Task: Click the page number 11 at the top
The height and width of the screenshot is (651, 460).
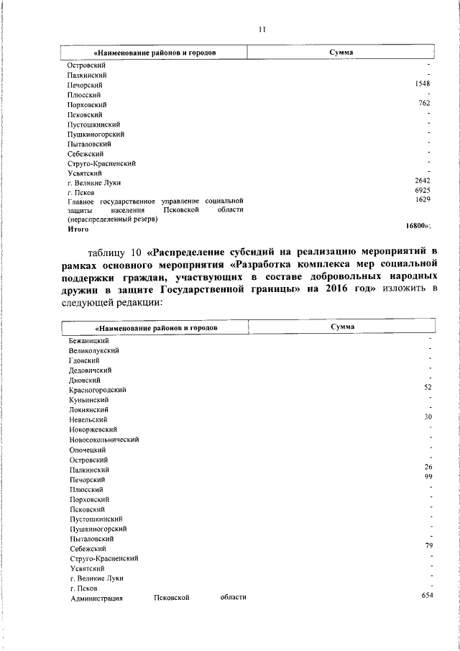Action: (262, 29)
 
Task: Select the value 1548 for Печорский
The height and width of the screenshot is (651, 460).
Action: (423, 84)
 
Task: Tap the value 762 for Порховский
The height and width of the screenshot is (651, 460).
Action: (424, 104)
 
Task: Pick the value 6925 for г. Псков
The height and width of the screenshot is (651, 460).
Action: (423, 191)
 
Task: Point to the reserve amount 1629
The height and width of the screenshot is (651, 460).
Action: (423, 199)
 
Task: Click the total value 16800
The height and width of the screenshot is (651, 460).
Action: (418, 227)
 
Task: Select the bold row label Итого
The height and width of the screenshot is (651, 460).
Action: (78, 229)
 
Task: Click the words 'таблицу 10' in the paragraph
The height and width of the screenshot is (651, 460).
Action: (115, 252)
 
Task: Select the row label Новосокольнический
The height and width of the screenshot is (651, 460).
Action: (105, 439)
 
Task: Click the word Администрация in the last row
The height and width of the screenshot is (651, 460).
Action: (97, 598)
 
